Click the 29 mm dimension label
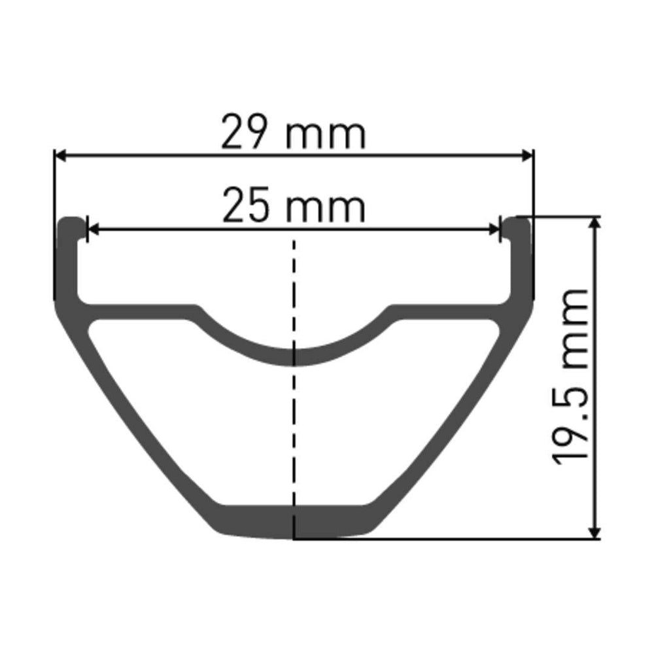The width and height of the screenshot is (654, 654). click(293, 132)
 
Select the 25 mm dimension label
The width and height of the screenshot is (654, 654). click(294, 205)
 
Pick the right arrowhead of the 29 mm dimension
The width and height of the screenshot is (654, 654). click(527, 156)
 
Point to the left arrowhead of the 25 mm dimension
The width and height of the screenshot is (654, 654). click(93, 229)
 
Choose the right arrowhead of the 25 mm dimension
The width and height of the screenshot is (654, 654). click(494, 229)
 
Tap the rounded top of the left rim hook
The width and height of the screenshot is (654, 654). click(71, 221)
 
